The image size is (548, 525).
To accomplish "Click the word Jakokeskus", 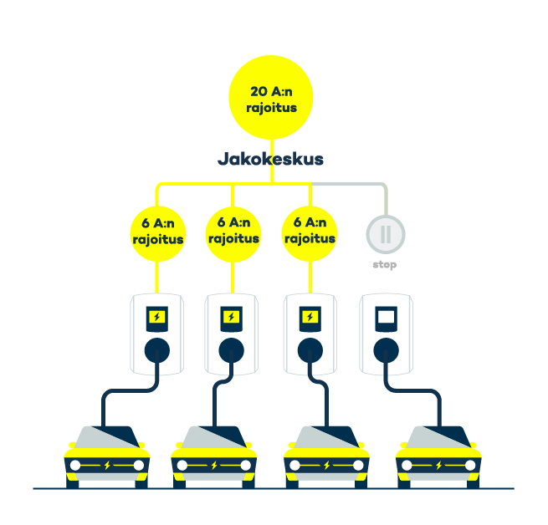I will click(270, 159).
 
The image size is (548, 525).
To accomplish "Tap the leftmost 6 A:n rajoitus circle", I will click(157, 231).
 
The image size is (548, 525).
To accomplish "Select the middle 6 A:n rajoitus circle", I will click(233, 230).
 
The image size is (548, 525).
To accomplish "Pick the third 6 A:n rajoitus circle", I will click(309, 230).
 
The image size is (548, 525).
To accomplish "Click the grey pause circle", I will click(385, 233).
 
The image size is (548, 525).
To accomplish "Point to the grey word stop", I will click(385, 265).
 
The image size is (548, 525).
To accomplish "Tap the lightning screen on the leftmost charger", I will click(157, 318).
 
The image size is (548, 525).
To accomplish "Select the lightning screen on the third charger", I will click(310, 318).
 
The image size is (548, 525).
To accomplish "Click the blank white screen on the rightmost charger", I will click(386, 318).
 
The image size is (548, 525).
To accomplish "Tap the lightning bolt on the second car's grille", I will click(214, 465).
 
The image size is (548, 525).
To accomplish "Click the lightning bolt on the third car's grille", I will click(327, 465).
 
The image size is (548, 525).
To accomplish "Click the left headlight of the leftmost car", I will click(75, 465).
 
